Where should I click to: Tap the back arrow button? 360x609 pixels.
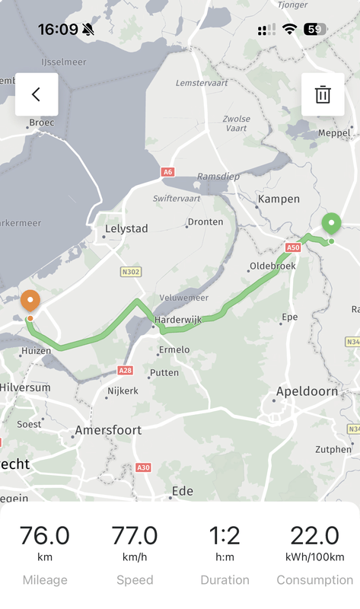(x=36, y=94)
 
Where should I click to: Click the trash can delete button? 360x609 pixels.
(x=323, y=94)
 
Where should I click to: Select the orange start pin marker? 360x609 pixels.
(x=30, y=301)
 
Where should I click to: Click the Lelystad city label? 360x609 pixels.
(x=126, y=228)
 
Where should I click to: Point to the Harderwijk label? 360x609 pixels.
(x=177, y=320)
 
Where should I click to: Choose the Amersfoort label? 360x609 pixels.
(x=107, y=430)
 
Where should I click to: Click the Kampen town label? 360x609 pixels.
(x=279, y=199)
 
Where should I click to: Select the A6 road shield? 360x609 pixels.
(x=167, y=172)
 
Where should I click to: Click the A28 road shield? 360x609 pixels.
(x=126, y=370)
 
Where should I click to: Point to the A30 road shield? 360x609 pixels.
(x=143, y=467)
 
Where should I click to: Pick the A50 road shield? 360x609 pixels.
(x=294, y=247)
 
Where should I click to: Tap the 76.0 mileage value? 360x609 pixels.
(x=44, y=535)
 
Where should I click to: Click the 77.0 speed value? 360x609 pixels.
(x=135, y=535)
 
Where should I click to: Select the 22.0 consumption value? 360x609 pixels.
(x=314, y=535)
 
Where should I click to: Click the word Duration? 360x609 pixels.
(x=225, y=580)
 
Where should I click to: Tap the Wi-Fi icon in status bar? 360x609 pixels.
(x=289, y=29)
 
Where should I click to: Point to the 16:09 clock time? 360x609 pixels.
(x=58, y=29)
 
